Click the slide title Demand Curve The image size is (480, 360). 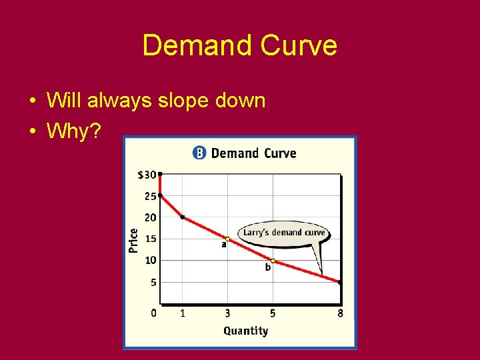[x=239, y=46]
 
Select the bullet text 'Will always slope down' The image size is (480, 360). [x=156, y=101]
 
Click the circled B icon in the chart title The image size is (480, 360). [x=199, y=153]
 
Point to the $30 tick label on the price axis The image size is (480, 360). [x=147, y=175]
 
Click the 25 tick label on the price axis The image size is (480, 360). [x=150, y=196]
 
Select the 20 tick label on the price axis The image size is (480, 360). [x=150, y=217]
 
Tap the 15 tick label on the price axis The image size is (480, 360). [x=150, y=239]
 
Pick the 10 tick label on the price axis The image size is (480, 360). [x=150, y=260]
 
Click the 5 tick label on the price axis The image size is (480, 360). [x=153, y=282]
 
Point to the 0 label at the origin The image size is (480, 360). [x=154, y=313]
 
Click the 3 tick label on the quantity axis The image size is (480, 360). [x=227, y=313]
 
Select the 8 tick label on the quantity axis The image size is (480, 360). [x=340, y=313]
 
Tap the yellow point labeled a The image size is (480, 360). [x=227, y=239]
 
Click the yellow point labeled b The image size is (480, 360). [x=273, y=261]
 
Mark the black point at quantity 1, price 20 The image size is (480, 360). [x=182, y=217]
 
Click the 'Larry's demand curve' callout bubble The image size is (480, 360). [x=284, y=233]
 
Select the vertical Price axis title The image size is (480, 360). [x=133, y=240]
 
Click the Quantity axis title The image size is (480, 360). [x=245, y=331]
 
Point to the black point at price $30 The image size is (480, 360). [x=160, y=174]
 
